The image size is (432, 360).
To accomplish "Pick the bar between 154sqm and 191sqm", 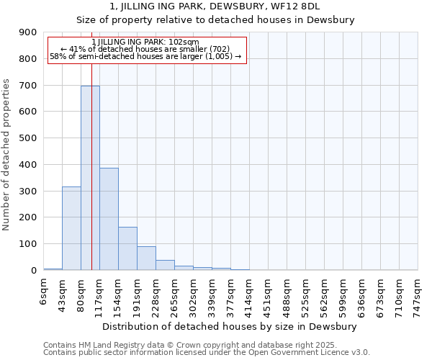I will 127,248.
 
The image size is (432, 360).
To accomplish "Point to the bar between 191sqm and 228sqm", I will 146,258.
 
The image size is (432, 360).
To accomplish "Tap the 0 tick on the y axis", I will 35,271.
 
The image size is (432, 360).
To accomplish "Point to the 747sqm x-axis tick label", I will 418,295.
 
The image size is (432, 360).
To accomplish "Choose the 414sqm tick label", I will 250,295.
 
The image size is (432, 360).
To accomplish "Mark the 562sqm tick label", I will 325,295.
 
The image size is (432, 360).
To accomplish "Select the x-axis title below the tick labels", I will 230,326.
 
